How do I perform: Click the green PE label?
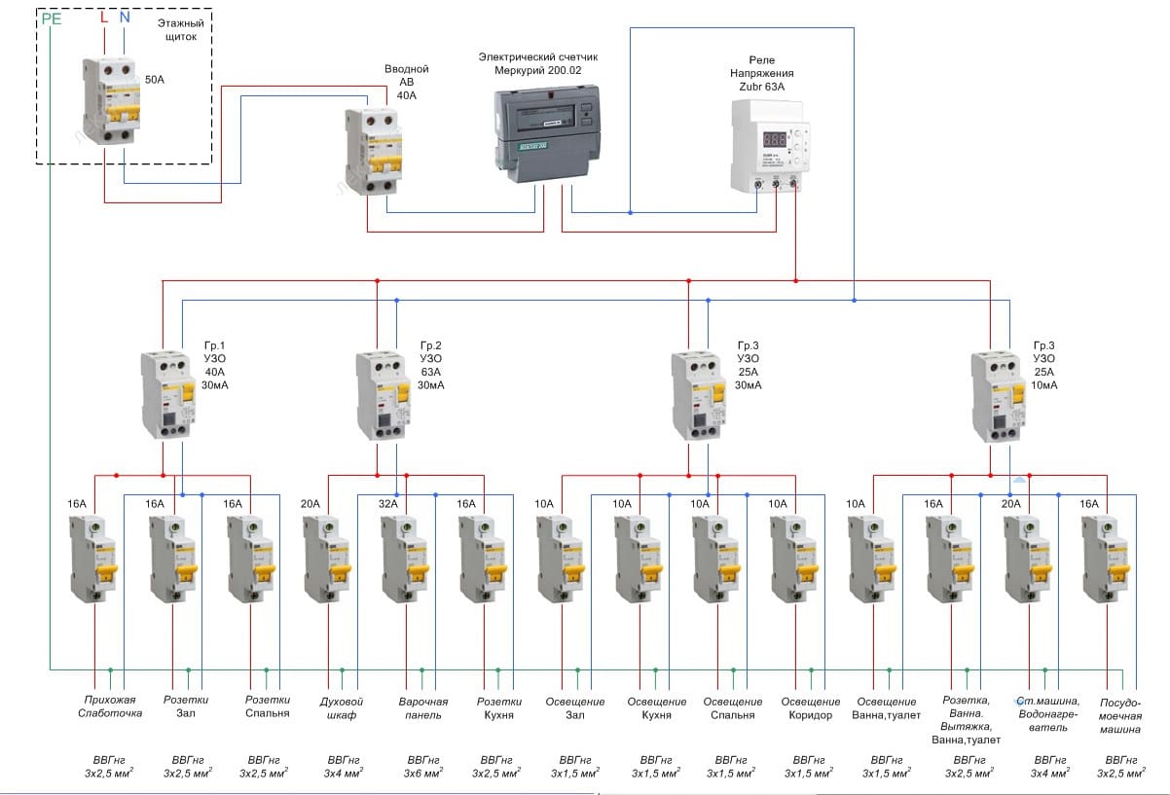pos(51,18)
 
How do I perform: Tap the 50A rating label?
pos(155,80)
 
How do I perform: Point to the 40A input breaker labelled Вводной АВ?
pos(374,151)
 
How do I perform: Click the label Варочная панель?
pos(422,708)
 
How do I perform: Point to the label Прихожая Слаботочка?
pos(109,707)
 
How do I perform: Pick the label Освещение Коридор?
pos(810,708)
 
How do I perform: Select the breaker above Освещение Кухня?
pos(639,559)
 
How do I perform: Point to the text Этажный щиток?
pos(176,29)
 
